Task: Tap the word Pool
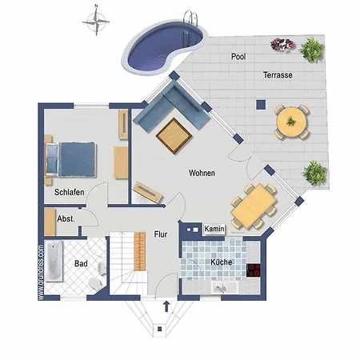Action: (x=238, y=57)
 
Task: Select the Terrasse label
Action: (x=278, y=74)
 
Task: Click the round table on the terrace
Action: (x=291, y=122)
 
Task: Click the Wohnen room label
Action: (x=202, y=173)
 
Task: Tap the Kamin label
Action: (x=214, y=229)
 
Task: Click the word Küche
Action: (x=221, y=262)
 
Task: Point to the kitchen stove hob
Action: (x=255, y=270)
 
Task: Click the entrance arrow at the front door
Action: (x=166, y=306)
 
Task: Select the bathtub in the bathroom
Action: (x=54, y=262)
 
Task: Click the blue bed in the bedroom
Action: (x=74, y=158)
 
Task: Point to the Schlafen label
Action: (x=70, y=192)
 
